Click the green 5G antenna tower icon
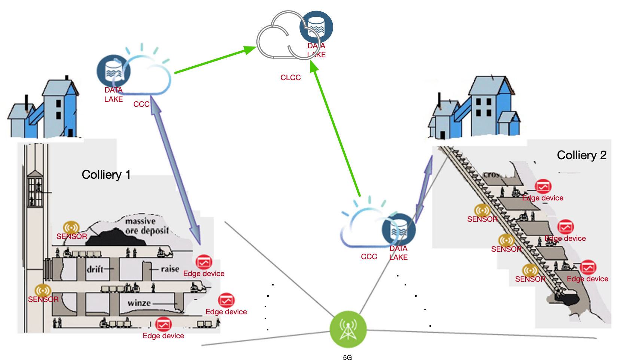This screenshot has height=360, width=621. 348,330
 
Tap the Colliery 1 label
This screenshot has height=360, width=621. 106,175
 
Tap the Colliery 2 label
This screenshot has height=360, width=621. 581,155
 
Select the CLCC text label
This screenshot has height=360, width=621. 290,78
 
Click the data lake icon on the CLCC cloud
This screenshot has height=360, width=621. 316,27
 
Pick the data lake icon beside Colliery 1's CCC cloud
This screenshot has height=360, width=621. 113,71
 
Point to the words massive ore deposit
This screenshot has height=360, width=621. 147,226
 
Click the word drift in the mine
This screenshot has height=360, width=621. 95,269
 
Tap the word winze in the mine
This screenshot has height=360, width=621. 139,303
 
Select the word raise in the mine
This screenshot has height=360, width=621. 170,269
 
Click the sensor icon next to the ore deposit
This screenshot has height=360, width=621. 71,227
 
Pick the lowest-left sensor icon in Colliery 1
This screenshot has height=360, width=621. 43,290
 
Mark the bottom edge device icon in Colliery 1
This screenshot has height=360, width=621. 163,324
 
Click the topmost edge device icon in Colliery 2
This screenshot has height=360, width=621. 543,187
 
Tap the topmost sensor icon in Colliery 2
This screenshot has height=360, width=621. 482,211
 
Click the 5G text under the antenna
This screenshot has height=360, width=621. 347,357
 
